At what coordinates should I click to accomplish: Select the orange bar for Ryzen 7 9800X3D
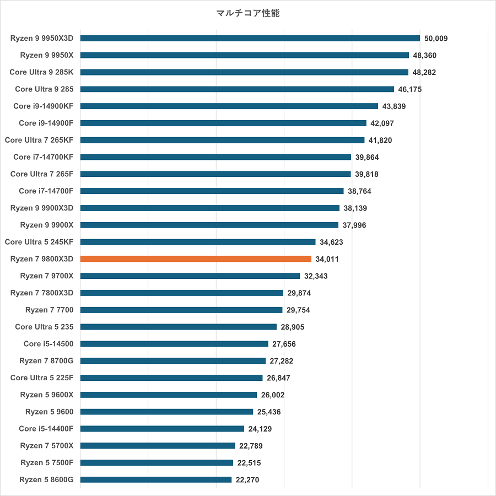(196, 258)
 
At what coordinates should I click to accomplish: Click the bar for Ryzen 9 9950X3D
(250, 38)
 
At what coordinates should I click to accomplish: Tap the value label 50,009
(436, 39)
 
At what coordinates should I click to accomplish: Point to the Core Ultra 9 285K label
(41, 72)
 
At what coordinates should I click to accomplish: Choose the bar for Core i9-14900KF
(229, 106)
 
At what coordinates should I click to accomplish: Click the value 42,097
(382, 123)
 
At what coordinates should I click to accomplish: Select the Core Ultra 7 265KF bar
(222, 140)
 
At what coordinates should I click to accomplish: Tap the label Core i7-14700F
(46, 191)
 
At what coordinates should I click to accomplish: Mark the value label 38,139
(355, 208)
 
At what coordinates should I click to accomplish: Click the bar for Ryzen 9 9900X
(209, 225)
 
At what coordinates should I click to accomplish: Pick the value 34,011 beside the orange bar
(327, 259)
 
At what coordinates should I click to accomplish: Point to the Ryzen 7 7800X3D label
(42, 293)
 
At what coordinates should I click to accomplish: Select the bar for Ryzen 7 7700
(181, 310)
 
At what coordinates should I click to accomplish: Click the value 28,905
(293, 327)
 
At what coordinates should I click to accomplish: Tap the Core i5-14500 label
(48, 344)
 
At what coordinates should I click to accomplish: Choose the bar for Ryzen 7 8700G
(172, 361)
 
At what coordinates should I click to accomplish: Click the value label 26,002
(273, 395)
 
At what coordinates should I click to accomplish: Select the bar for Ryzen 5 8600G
(155, 479)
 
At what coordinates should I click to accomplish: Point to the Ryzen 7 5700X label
(47, 446)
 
